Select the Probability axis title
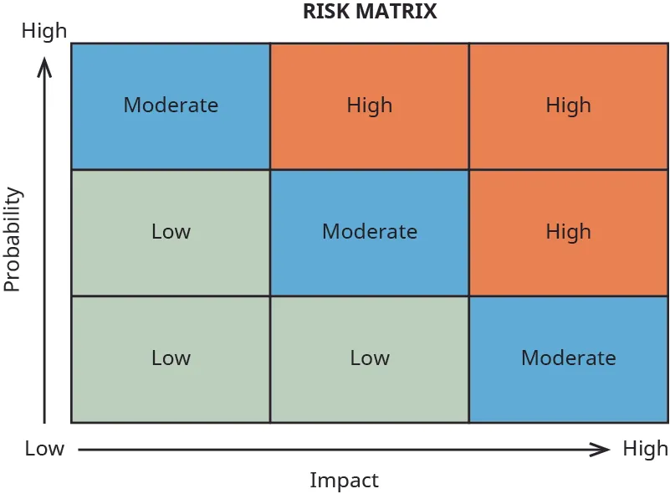point(12,239)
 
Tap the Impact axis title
point(344,481)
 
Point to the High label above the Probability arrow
point(43,32)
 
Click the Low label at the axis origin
point(43,449)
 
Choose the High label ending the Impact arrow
point(645,449)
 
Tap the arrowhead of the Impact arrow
point(601,450)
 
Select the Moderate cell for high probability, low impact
point(171,105)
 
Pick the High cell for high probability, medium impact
point(369,105)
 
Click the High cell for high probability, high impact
point(569,105)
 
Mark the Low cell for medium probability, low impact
point(171,232)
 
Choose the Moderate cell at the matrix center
point(369,232)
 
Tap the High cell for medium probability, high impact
point(569,232)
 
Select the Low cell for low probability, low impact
point(171,358)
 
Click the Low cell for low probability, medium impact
point(369,358)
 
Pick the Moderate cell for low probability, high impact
point(569,358)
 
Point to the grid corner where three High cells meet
point(469,170)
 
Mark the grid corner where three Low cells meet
point(270,296)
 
